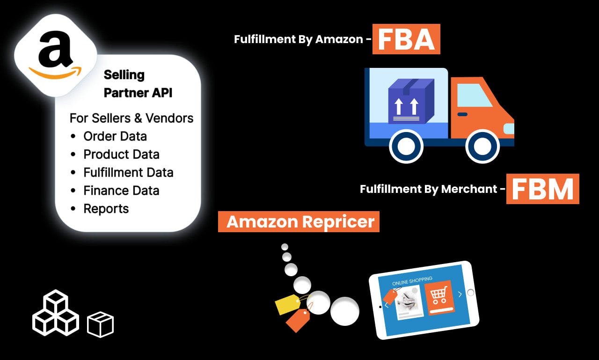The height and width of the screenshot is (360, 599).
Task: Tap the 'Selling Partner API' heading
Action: (138, 84)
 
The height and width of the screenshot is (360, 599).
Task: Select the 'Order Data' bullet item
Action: (115, 136)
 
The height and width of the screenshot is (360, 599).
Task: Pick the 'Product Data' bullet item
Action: (121, 154)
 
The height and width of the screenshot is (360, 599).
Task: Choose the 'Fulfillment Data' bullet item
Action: (128, 173)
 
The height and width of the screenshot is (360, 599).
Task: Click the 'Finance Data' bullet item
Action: (121, 191)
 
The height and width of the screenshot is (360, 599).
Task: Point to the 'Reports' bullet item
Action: (106, 209)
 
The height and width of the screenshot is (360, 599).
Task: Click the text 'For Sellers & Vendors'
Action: (131, 118)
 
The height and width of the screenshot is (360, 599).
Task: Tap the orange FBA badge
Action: (406, 39)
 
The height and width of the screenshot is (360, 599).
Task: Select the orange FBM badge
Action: (542, 189)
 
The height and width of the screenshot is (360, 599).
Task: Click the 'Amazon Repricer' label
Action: (299, 221)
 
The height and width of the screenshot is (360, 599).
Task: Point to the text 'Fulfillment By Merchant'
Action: (428, 189)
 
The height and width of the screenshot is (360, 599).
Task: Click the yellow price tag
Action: (288, 305)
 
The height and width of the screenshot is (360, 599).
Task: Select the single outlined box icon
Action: (100, 325)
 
